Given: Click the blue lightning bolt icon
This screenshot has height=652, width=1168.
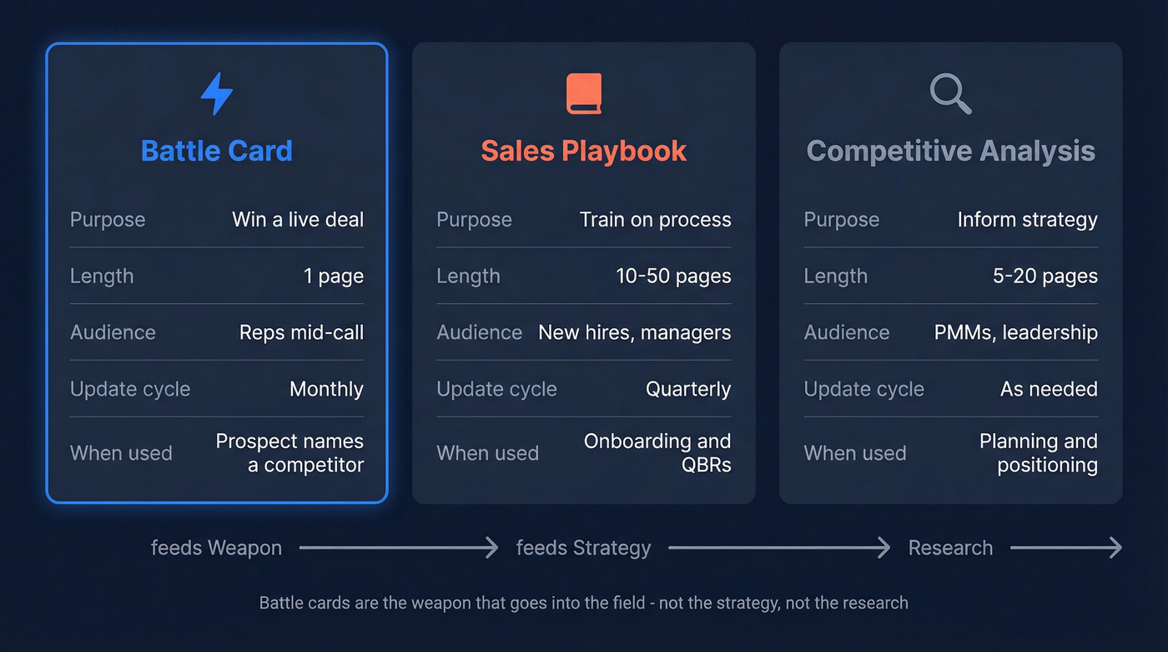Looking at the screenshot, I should click(217, 94).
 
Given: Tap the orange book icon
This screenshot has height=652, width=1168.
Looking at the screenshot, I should click(584, 94).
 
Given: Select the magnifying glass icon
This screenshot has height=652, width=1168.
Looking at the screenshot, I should click(950, 94).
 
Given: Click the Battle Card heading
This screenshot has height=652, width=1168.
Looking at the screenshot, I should click(217, 151).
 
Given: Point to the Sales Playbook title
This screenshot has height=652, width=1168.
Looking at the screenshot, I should click(584, 151).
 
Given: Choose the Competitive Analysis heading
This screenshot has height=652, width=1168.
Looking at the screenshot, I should click(950, 151).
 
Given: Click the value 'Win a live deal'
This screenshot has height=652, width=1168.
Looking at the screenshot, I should click(298, 220).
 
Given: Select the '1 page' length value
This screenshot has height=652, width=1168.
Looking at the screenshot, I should click(333, 276).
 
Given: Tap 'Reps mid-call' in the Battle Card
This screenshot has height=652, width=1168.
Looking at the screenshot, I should click(301, 332).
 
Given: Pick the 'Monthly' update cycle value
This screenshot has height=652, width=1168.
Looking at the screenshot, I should click(326, 389).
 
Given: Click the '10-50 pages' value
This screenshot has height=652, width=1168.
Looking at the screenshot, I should click(673, 276).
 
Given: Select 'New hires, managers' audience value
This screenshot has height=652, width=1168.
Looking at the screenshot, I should click(634, 332).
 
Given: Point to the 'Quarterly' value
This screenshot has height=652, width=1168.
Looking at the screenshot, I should click(688, 389).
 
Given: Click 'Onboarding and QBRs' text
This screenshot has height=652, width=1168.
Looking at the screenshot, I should click(657, 452).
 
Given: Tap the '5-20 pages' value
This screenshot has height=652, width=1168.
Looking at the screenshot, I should click(1045, 276).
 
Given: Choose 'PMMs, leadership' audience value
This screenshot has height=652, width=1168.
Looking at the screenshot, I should click(1015, 332).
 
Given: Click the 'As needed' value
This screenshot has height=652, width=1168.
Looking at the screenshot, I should click(1049, 389).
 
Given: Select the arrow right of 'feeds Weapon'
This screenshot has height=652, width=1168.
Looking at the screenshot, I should click(398, 548).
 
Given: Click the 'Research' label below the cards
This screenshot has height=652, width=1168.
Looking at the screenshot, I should click(950, 548).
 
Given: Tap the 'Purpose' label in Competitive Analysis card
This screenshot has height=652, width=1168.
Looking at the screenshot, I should click(841, 220).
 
